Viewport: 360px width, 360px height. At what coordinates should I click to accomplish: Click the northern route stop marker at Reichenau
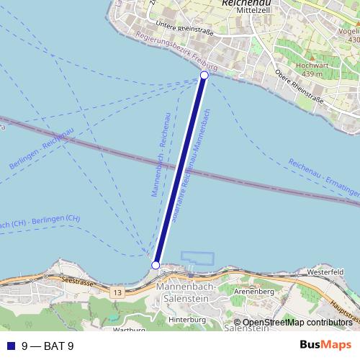[x=204, y=76]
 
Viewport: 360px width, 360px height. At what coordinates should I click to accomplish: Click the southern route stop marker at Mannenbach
[x=156, y=266]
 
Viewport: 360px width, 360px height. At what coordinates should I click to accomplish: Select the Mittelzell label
[x=246, y=12]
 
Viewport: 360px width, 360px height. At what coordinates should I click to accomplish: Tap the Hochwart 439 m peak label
[x=313, y=68]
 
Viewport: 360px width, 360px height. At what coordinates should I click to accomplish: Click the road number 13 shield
[x=116, y=294]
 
